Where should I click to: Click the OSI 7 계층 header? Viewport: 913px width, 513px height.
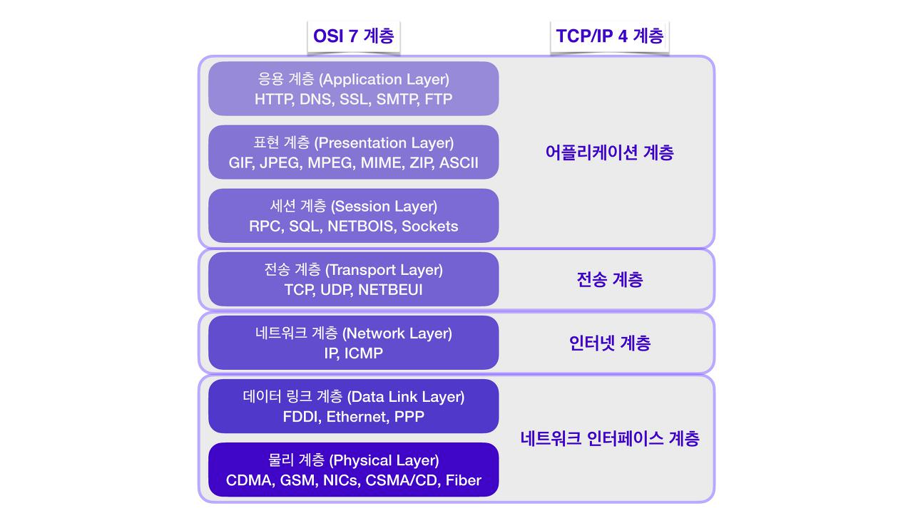coord(353,36)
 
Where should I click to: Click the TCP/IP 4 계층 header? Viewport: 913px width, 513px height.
coord(610,36)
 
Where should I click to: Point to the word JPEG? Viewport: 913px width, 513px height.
coord(281,163)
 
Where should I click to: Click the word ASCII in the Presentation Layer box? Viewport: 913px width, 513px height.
coord(459,163)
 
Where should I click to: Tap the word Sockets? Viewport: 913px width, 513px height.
coord(430,227)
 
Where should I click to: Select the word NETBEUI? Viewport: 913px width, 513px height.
coord(390,290)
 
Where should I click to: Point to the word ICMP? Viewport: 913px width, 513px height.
coord(364,353)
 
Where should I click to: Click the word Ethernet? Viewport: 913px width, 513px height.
coord(357,417)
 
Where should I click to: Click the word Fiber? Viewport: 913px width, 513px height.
coord(464,480)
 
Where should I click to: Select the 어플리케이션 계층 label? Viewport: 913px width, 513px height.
coord(610,152)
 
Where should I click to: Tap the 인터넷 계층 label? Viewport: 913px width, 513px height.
coord(610,343)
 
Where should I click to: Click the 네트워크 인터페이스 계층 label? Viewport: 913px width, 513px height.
coord(610,438)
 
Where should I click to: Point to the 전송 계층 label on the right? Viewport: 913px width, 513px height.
coord(610,280)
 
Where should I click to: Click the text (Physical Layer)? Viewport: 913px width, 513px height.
coord(384,460)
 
